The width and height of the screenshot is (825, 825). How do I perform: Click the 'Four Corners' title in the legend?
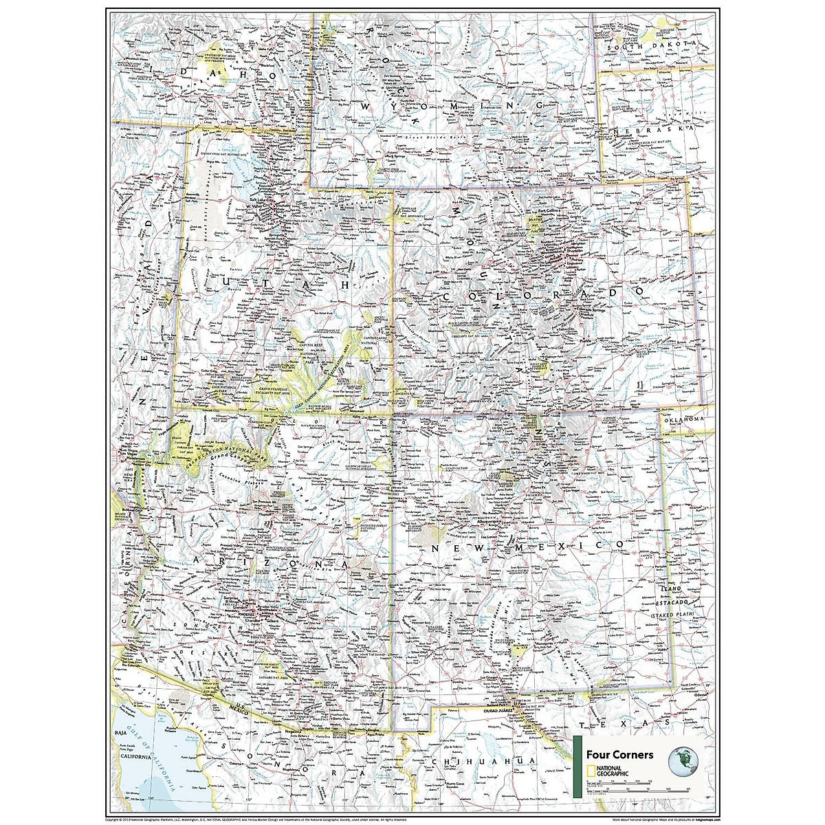pos(615,754)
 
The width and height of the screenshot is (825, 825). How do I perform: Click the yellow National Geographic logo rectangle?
pos(591,771)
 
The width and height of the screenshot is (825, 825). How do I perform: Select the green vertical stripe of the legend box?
pos(578,766)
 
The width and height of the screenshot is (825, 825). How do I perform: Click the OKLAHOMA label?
pos(685,419)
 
